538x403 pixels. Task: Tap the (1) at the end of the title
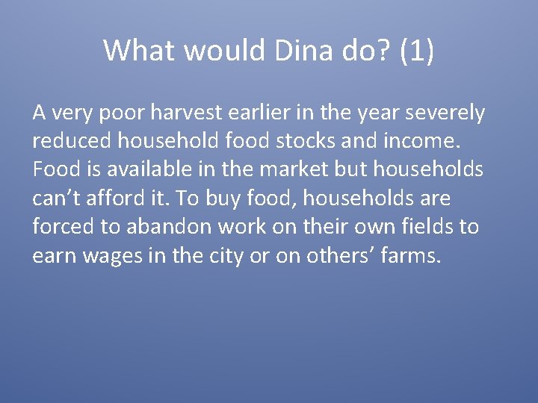pyautogui.click(x=416, y=51)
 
